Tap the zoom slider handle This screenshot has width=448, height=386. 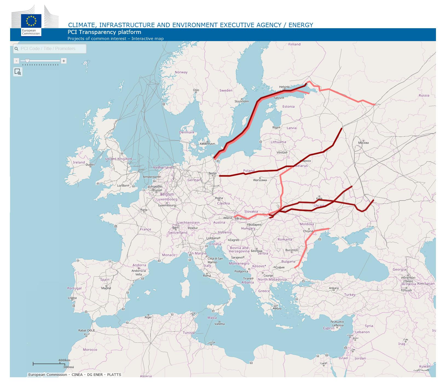(x=27, y=61)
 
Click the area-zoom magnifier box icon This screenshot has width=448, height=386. (x=18, y=72)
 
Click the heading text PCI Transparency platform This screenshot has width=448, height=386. (x=104, y=32)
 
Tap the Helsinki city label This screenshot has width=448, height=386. (x=284, y=87)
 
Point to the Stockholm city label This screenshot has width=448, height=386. (x=242, y=101)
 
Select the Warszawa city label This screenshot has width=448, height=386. (x=260, y=180)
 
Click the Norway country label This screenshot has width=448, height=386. (x=181, y=72)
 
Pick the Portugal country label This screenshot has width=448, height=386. (x=74, y=288)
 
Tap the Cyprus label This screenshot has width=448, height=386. (x=329, y=328)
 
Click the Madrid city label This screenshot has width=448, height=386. (x=106, y=288)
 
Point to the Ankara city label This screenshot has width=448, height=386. (x=334, y=288)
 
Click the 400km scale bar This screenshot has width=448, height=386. (x=47, y=364)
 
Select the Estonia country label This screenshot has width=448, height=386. (x=288, y=107)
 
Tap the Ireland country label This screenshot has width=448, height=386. (x=79, y=162)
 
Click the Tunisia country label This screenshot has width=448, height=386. (x=189, y=333)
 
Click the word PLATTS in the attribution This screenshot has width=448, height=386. (x=114, y=374)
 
